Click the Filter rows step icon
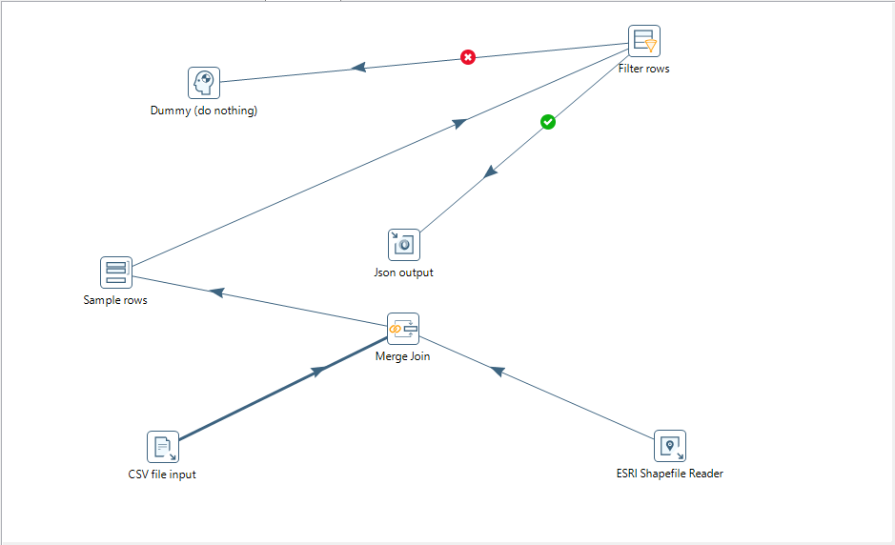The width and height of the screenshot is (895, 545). point(644,41)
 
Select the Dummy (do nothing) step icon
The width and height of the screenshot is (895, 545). point(204,83)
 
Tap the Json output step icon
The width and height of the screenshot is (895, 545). point(403,245)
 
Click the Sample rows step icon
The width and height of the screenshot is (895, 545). point(116,272)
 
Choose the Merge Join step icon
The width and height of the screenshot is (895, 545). point(403,329)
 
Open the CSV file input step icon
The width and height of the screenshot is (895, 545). point(163,446)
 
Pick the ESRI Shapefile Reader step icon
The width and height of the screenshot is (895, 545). point(670,445)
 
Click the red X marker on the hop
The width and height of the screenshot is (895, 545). point(468,57)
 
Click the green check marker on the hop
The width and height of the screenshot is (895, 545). point(548,122)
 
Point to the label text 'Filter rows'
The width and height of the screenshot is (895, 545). point(644,69)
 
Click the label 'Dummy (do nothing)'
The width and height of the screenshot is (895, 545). point(204,111)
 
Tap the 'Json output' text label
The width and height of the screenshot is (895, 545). point(403,272)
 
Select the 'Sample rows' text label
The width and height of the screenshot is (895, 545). point(115,300)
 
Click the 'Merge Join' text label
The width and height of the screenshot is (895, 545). point(403,356)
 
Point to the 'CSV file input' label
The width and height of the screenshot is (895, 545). point(162,474)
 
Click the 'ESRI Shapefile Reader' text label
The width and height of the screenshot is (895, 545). point(670,473)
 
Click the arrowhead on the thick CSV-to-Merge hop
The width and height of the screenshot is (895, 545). point(319,371)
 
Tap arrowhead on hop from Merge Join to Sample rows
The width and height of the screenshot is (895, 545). point(216,293)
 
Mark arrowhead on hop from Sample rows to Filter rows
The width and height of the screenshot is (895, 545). point(459,122)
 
